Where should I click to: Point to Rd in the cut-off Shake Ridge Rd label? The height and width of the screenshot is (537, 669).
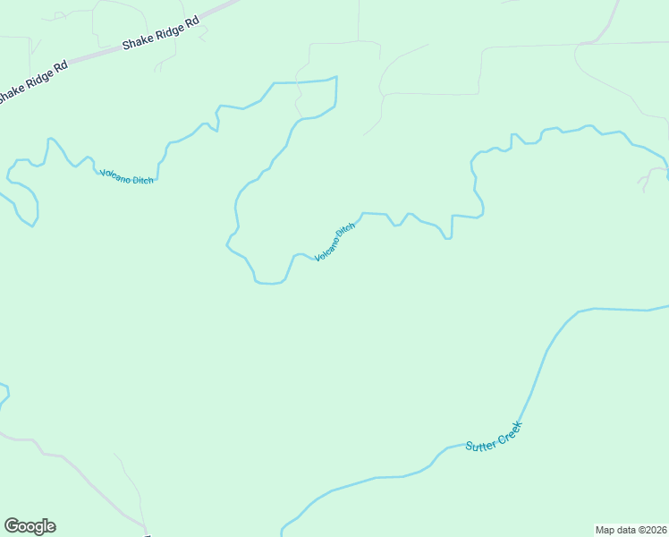click(60, 68)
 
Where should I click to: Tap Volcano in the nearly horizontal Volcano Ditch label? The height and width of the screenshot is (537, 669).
click(114, 175)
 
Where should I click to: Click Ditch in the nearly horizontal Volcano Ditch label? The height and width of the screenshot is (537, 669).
click(142, 180)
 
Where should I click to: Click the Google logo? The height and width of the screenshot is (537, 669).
click(30, 526)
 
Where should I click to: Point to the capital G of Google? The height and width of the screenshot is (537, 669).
click(12, 525)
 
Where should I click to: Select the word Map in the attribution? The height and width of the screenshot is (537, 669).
click(605, 529)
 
